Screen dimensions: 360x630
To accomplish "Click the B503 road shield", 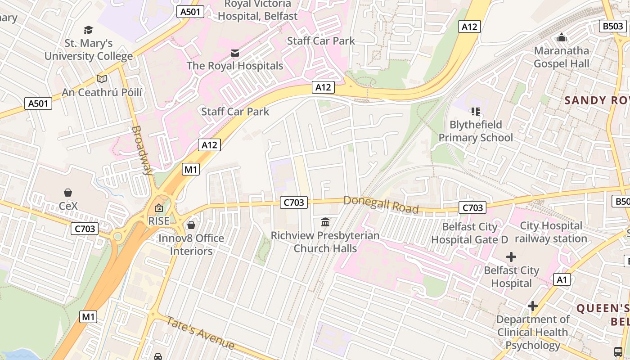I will click(x=613, y=27).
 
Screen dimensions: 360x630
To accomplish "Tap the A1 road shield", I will click(x=562, y=280).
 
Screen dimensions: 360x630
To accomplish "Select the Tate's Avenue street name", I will click(x=201, y=333).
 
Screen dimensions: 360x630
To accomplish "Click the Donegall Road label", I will click(x=381, y=205).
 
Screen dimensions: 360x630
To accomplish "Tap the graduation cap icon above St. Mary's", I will click(x=89, y=30).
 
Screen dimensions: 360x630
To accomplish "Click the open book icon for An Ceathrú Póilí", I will click(x=102, y=79).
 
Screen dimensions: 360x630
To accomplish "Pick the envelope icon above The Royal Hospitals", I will click(x=235, y=53).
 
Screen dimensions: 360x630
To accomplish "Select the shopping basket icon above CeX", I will click(x=68, y=193).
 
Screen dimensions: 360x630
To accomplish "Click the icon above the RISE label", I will click(x=158, y=208).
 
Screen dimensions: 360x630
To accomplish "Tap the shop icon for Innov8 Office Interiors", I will click(x=191, y=225).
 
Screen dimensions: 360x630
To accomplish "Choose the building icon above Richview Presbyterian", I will click(x=325, y=222).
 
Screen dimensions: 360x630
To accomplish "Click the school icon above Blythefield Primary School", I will click(x=476, y=111).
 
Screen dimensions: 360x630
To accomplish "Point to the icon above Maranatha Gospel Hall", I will click(x=561, y=37).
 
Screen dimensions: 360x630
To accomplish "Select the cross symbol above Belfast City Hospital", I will click(x=511, y=257).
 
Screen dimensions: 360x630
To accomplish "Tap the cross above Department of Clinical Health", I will click(x=533, y=306).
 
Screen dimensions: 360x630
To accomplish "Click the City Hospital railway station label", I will click(x=551, y=232).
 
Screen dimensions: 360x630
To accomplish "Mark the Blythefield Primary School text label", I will click(x=476, y=131).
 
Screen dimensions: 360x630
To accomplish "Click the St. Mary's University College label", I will click(x=89, y=50).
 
